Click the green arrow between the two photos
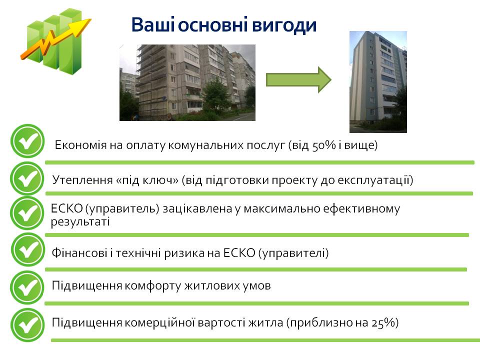tap(298, 80)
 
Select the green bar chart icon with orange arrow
tap(55, 41)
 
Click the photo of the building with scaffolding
tap(187, 82)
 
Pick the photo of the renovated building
tap(378, 81)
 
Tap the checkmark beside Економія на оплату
tap(27, 141)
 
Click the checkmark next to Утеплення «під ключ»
tap(27, 179)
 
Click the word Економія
tap(80, 145)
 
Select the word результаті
tap(80, 221)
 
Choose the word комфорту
tap(153, 286)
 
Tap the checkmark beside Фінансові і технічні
tap(28, 249)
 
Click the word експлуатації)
tap(375, 180)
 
